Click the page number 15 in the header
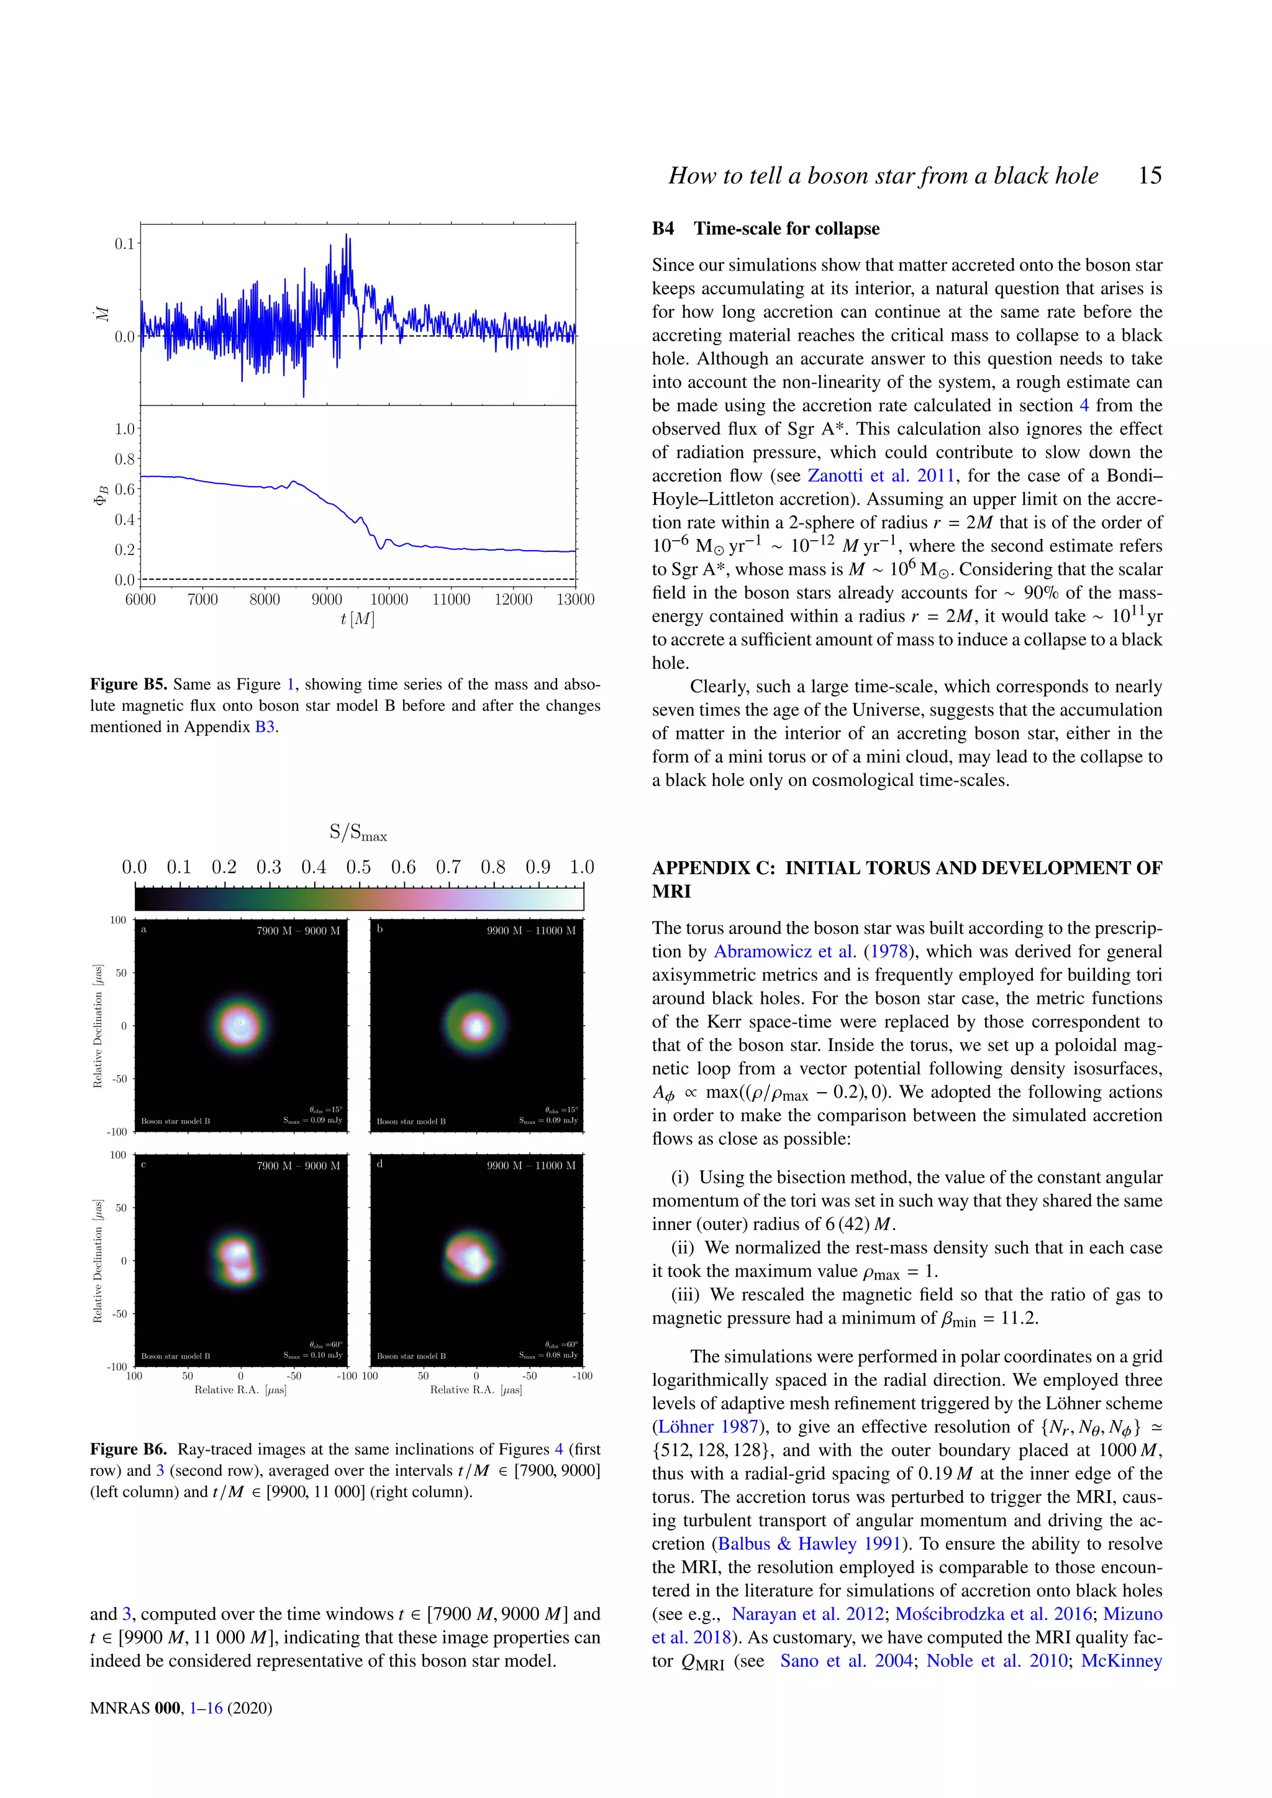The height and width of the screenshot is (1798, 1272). click(1149, 176)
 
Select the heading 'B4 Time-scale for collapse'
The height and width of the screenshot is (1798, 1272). click(765, 228)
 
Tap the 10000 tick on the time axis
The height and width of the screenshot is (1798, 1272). click(388, 599)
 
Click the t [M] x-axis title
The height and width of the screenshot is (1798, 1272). click(357, 618)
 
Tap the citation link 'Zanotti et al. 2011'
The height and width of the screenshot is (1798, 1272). click(880, 476)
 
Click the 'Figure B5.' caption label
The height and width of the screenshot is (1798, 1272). click(129, 684)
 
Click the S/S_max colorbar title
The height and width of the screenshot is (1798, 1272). click(358, 833)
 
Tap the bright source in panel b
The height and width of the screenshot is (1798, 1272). click(475, 1024)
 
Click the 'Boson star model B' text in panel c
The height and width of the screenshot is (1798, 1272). click(175, 1355)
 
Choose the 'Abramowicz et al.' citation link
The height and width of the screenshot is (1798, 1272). click(785, 952)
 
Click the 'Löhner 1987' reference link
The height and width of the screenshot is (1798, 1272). click(708, 1427)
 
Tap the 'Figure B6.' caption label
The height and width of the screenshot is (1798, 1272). click(129, 1450)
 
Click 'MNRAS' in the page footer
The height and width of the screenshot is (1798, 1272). click(119, 1708)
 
